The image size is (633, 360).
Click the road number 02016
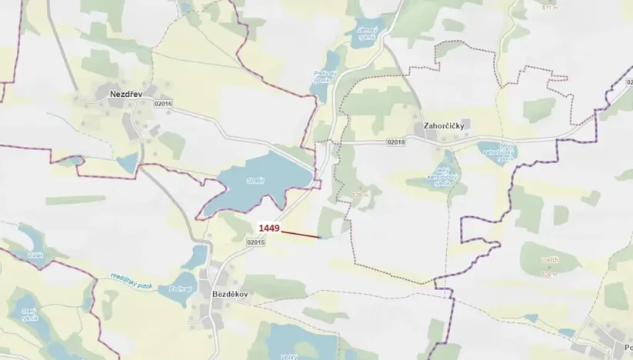click(163, 104)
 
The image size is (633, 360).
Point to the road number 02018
click(396, 142)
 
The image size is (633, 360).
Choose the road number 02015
click(256, 242)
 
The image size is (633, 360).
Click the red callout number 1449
click(268, 228)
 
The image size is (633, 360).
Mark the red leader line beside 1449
click(301, 233)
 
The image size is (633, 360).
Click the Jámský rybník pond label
click(366, 32)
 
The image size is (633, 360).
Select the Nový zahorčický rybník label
click(495, 152)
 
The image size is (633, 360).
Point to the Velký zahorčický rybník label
click(441, 176)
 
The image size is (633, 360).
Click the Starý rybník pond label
click(30, 314)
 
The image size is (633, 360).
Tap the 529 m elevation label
click(360, 194)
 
